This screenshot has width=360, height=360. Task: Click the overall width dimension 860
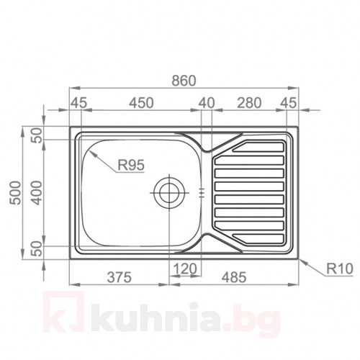pyautogui.click(x=184, y=81)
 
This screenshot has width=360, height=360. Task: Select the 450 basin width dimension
pyautogui.click(x=141, y=103)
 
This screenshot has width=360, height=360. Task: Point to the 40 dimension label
pyautogui.click(x=207, y=103)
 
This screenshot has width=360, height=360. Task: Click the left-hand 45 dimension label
pyautogui.click(x=78, y=103)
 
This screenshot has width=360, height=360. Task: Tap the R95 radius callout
pyautogui.click(x=130, y=165)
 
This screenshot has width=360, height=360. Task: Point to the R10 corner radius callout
pyautogui.click(x=336, y=269)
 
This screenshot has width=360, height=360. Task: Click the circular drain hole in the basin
pyautogui.click(x=170, y=192)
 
